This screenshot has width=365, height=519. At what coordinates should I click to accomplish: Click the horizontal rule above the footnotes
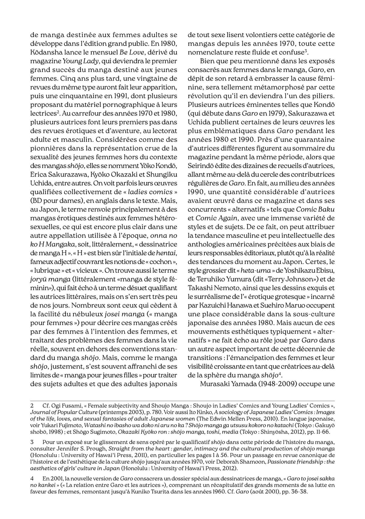pos(182,401)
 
